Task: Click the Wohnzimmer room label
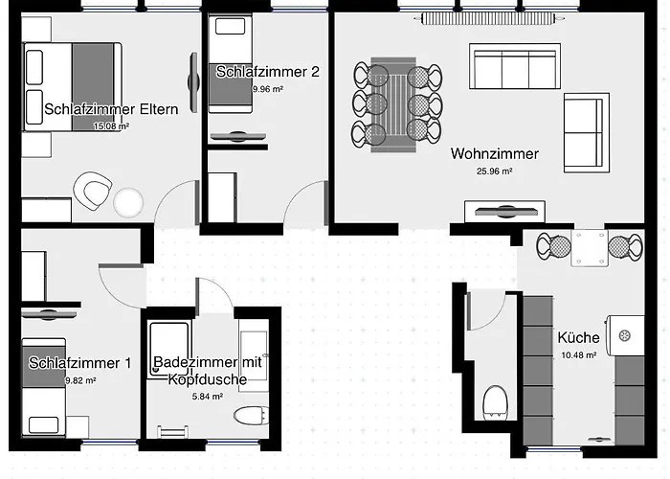(495, 153)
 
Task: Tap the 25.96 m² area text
(495, 171)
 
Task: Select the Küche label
(578, 337)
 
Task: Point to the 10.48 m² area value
(579, 355)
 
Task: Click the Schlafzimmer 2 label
(267, 72)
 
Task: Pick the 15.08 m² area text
(112, 126)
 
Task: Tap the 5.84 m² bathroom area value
(208, 397)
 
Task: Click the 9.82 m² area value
(80, 380)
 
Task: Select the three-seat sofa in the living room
(515, 66)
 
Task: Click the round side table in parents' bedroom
(128, 202)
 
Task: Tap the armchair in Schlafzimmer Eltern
(93, 191)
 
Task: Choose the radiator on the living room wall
(489, 18)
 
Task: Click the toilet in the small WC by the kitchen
(495, 403)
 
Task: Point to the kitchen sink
(626, 335)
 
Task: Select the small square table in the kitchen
(590, 248)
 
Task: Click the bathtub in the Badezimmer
(169, 350)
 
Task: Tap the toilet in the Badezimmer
(252, 415)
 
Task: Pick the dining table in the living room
(393, 104)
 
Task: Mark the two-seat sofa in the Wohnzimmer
(587, 132)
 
